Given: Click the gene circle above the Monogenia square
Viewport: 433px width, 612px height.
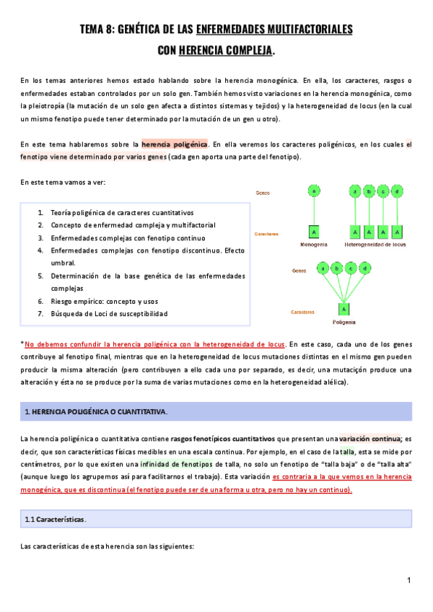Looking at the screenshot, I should click(x=313, y=191).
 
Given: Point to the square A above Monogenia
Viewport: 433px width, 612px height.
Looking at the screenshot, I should click(x=313, y=232).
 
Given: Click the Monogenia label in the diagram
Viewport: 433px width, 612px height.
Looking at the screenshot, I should click(x=313, y=245).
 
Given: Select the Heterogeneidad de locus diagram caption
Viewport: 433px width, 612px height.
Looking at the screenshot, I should click(x=376, y=245).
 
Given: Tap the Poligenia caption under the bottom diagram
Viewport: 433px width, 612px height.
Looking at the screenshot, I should click(x=344, y=321).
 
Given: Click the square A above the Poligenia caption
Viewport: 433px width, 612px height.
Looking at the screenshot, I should click(x=344, y=309).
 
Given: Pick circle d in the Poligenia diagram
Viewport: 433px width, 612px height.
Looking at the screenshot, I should click(x=366, y=268).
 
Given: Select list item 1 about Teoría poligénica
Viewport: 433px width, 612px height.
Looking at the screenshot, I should click(x=122, y=213).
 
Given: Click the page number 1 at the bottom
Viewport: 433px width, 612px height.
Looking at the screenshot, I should click(x=408, y=581).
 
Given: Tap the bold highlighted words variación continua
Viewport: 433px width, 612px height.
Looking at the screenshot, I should click(x=369, y=438).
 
